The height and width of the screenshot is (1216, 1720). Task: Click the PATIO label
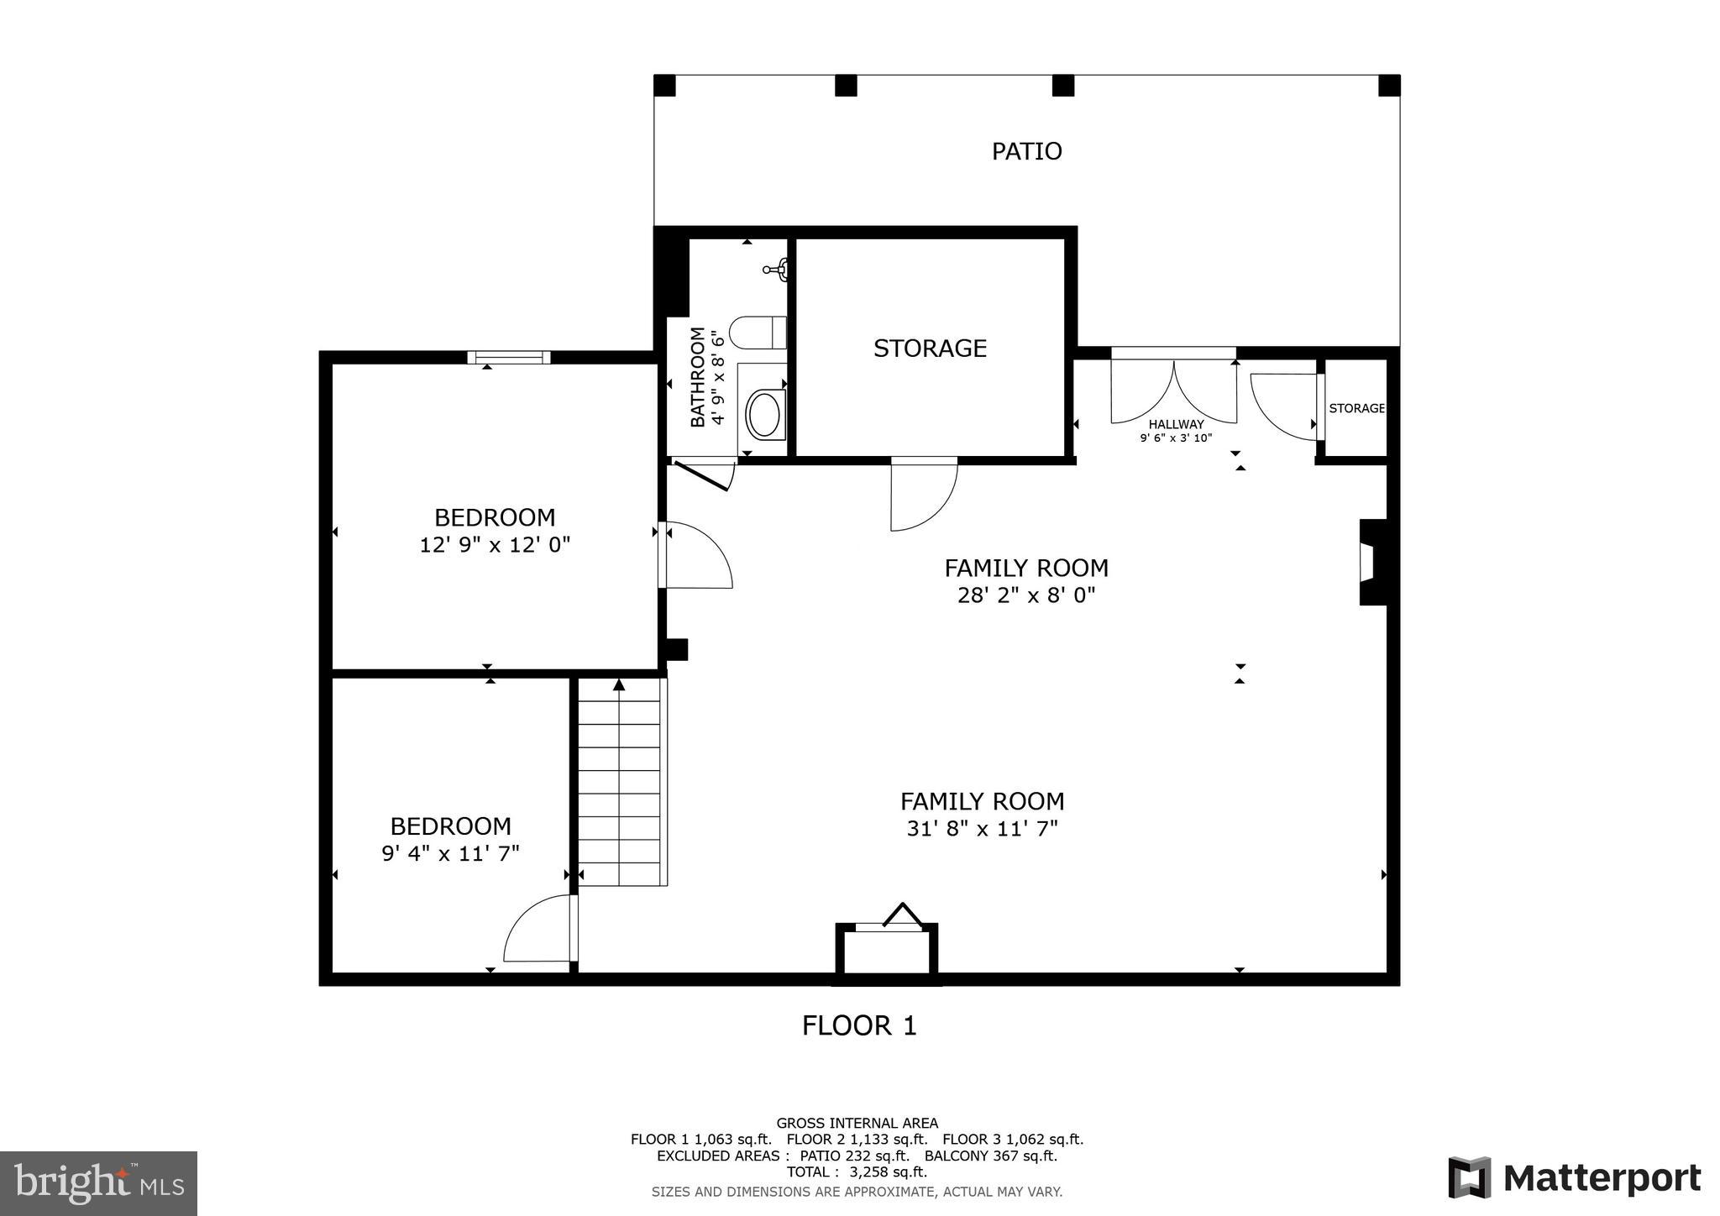[1026, 151]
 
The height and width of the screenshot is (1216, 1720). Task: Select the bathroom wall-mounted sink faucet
[776, 270]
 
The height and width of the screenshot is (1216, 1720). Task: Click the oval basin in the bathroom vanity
[763, 414]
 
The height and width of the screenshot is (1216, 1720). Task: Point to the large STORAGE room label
[930, 349]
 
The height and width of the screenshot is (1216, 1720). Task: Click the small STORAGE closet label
[1356, 408]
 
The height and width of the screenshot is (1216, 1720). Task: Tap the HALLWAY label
[1176, 424]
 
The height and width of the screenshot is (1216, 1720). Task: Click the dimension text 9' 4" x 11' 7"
[451, 854]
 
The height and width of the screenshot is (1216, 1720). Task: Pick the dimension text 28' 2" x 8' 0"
[1026, 595]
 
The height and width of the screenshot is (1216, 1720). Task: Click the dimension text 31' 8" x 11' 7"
[982, 829]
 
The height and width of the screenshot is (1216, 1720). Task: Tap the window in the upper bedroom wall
[509, 358]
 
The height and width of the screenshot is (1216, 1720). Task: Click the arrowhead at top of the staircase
[619, 684]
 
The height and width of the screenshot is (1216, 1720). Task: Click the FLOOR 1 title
[859, 1025]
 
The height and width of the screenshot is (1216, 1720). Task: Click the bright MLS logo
[98, 1183]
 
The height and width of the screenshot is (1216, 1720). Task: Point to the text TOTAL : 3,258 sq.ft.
[857, 1171]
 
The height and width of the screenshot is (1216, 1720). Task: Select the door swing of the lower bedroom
[537, 930]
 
